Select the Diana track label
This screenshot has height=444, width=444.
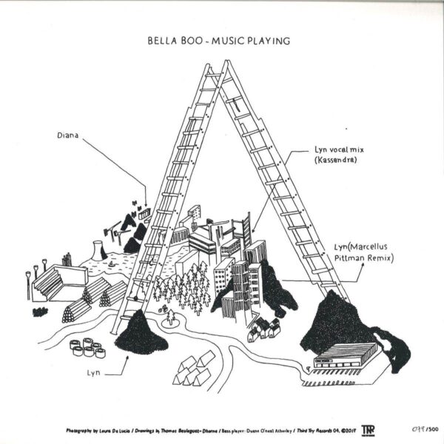(x=67, y=136)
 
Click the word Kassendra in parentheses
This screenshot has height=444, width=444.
(x=331, y=160)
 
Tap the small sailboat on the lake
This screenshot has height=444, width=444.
(x=110, y=263)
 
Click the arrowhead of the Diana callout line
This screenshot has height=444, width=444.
(x=147, y=205)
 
